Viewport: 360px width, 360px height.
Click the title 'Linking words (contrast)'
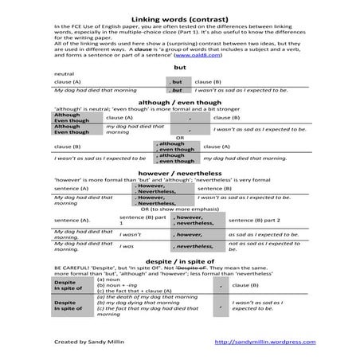[x=179, y=18]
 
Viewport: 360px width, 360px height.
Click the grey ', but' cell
[x=177, y=81]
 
